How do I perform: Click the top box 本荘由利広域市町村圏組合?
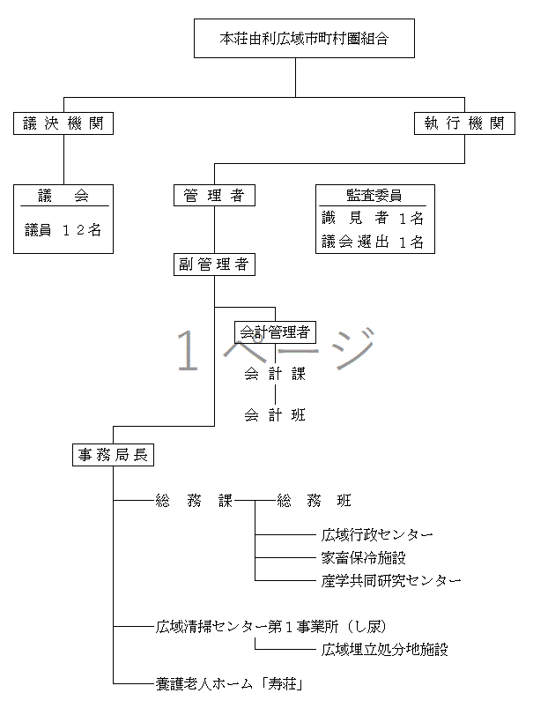coord(304,39)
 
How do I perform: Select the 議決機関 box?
coord(63,123)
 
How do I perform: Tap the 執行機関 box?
coord(464,123)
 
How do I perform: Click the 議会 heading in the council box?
coord(63,196)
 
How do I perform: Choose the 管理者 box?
coord(214,196)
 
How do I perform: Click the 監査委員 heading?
coord(373,196)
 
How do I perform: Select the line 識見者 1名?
coord(373,218)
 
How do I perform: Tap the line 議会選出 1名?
coord(373,242)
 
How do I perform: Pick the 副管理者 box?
coord(214,265)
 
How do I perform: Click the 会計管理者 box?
coord(274,332)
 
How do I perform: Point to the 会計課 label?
coord(275,374)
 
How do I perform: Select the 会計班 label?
coord(275,414)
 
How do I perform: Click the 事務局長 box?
coord(113,455)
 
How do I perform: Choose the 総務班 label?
coord(315,501)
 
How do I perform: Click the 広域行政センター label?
coord(378,535)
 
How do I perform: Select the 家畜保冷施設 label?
coord(364,558)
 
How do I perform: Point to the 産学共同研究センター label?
coord(391,580)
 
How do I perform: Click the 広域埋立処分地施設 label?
coord(385,650)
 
